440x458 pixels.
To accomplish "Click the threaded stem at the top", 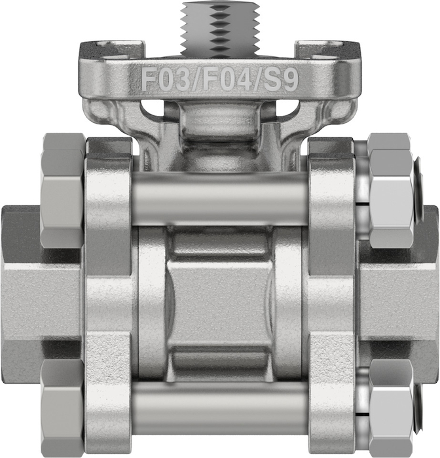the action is click(221, 29).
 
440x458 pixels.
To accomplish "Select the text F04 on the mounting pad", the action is click(227, 79).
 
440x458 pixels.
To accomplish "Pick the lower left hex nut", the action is click(62, 408).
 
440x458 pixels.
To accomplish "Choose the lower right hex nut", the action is click(391, 408).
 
